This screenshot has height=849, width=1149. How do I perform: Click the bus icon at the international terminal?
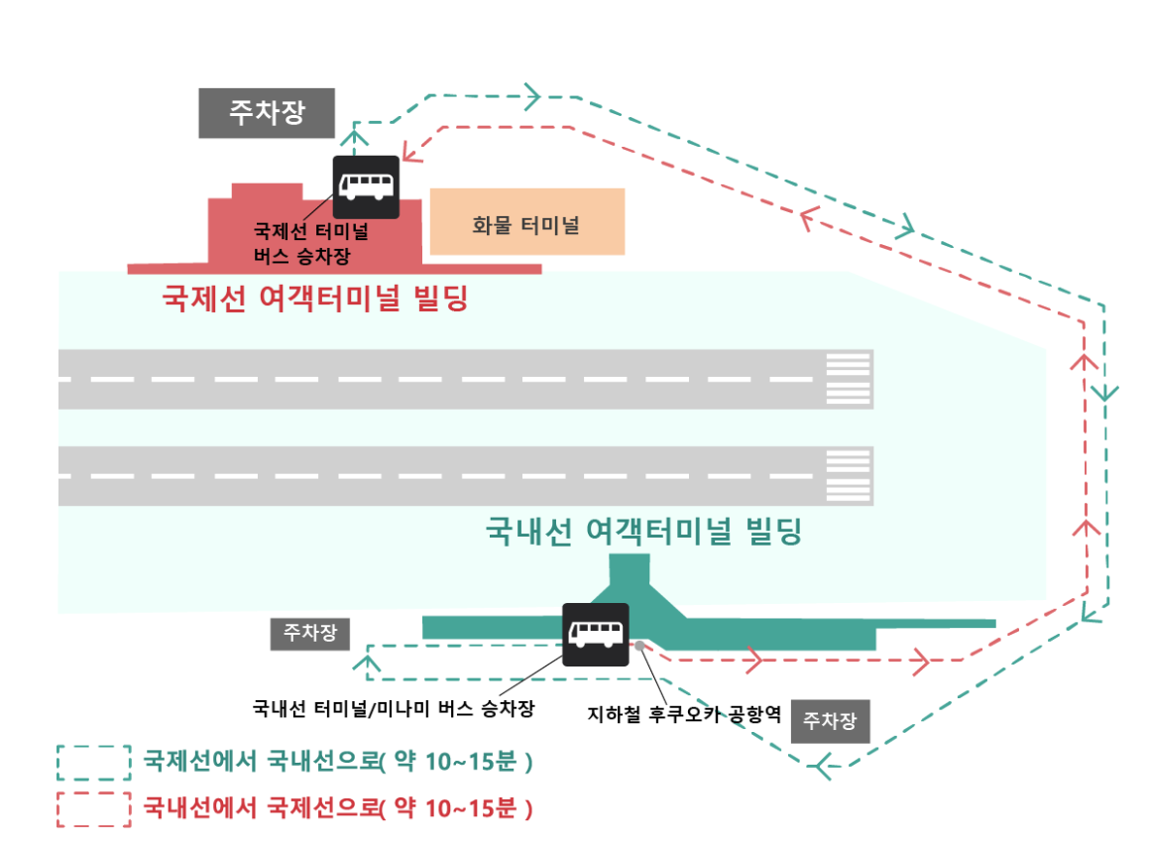click(x=366, y=186)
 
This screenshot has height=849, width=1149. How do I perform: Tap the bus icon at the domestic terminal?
click(x=595, y=634)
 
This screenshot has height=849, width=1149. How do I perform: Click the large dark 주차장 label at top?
click(x=267, y=112)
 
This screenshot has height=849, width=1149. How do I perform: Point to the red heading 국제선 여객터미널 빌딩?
click(x=314, y=298)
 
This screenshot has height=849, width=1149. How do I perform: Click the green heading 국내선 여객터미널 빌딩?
click(x=642, y=531)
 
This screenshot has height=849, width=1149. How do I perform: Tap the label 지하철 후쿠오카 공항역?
click(x=685, y=714)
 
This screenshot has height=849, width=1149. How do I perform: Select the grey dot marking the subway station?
click(x=640, y=646)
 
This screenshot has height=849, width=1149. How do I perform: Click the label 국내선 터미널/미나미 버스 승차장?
click(x=394, y=709)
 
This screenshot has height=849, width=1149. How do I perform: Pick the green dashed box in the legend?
click(x=94, y=763)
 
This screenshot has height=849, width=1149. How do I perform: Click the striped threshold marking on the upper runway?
click(x=849, y=379)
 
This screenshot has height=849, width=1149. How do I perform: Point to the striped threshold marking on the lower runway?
click(x=849, y=476)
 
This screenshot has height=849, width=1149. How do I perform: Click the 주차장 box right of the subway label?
click(x=831, y=721)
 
